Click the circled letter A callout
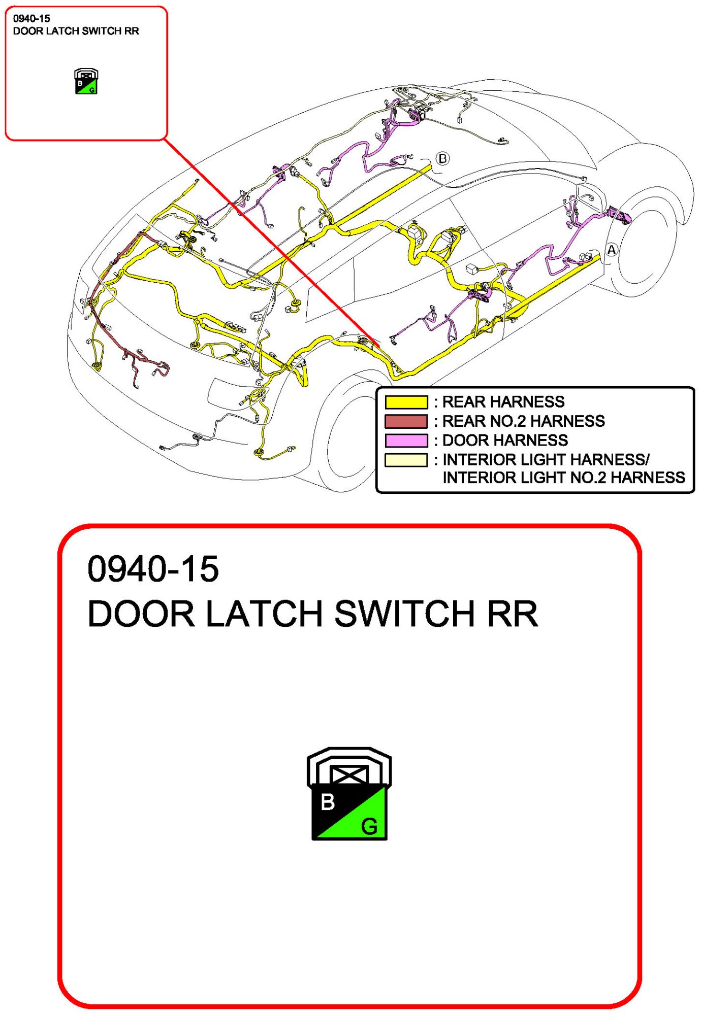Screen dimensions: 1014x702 612,250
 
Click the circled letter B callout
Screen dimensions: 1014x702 443,158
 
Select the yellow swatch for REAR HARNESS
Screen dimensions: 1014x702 406,402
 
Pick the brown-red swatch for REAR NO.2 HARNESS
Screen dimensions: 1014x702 406,421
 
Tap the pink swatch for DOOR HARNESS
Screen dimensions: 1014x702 406,441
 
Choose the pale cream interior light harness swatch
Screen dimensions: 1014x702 406,460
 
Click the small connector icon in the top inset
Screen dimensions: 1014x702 86,82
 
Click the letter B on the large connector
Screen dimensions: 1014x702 328,802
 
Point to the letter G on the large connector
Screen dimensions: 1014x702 369,827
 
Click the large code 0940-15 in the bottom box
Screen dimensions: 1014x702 153,569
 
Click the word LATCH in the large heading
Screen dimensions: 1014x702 264,614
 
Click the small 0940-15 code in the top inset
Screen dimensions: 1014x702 31,19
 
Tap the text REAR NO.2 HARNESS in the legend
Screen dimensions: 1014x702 523,421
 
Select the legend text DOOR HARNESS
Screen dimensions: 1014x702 505,441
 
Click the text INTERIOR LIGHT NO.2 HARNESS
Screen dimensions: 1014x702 563,478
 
